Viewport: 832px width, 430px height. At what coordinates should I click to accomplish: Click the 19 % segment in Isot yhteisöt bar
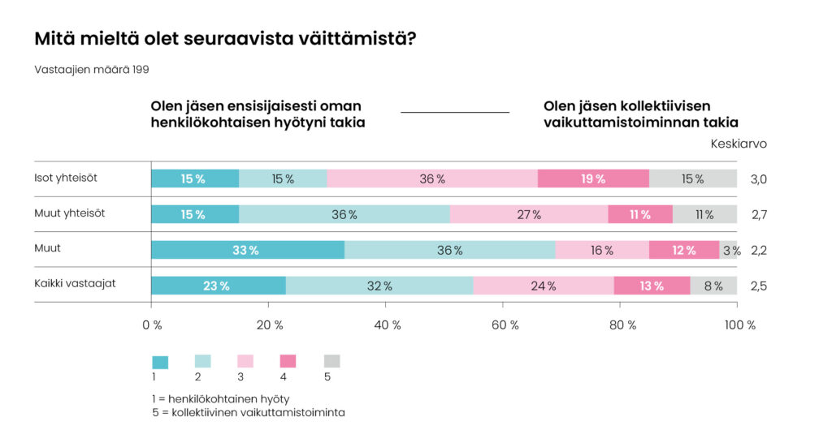[x=593, y=179]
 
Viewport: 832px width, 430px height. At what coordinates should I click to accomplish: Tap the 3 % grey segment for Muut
[x=729, y=251]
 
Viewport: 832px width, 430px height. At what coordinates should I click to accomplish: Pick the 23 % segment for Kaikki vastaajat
[x=219, y=286]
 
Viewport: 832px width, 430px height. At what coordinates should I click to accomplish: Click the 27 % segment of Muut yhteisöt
[x=529, y=215]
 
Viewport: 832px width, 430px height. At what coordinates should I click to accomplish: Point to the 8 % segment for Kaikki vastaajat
[x=713, y=286]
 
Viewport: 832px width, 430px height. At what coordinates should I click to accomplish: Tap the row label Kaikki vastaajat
[x=74, y=284]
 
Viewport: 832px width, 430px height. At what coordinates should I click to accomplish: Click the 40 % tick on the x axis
[x=386, y=325]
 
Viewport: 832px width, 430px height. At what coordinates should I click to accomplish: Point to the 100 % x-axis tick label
[x=739, y=325]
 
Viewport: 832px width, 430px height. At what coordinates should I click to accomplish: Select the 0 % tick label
[x=152, y=325]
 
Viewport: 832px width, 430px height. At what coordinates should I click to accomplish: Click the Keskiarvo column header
[x=739, y=144]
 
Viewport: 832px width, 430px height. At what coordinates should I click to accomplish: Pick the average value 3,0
[x=759, y=179]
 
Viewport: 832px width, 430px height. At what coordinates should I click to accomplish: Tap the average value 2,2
[x=759, y=251]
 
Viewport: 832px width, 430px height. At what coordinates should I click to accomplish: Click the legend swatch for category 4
[x=288, y=362]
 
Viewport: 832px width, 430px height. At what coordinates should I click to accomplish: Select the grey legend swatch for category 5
[x=331, y=362]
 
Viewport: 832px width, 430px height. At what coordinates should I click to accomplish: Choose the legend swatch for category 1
[x=160, y=362]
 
